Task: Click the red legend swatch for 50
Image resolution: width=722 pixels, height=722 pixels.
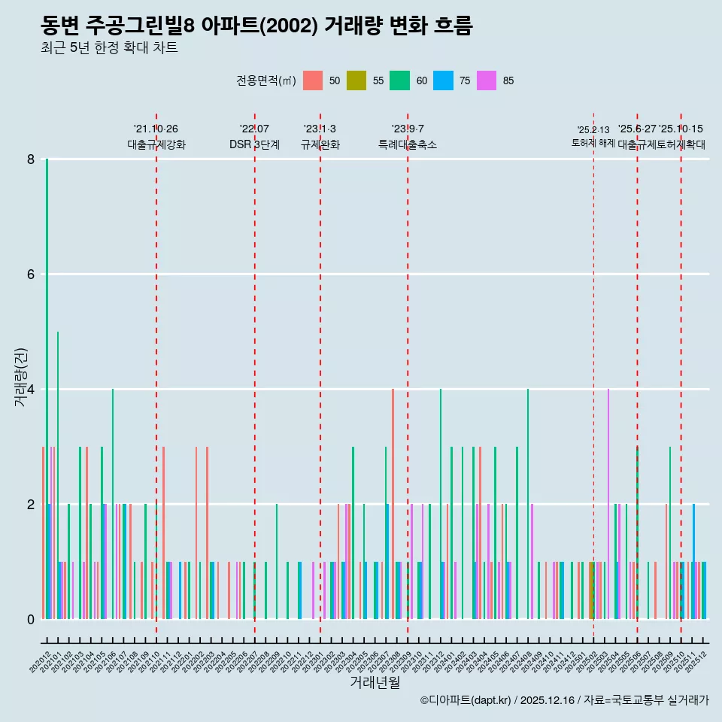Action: [x=312, y=81]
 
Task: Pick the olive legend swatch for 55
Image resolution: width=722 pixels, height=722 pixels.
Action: [x=356, y=81]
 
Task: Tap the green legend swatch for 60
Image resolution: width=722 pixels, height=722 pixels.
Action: [x=399, y=81]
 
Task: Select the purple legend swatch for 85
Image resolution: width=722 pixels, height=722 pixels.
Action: [x=486, y=81]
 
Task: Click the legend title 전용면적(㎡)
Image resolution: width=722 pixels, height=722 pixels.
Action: [x=265, y=81]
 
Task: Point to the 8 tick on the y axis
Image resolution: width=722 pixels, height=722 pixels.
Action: [x=31, y=159]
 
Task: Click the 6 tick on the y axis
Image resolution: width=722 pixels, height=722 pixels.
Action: [x=31, y=275]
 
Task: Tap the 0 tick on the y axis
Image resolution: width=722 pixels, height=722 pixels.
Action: [x=31, y=619]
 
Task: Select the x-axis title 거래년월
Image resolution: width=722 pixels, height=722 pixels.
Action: [x=375, y=682]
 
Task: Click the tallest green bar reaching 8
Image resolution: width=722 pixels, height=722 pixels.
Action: [x=47, y=376]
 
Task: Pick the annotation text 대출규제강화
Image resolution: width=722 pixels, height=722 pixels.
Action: [x=156, y=144]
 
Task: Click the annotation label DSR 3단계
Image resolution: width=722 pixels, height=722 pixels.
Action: [x=254, y=144]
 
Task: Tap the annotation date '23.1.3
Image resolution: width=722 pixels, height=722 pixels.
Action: [x=320, y=129]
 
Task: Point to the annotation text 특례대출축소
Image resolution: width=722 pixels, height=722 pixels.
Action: [x=407, y=144]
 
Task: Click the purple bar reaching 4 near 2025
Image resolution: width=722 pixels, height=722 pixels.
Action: [x=608, y=504]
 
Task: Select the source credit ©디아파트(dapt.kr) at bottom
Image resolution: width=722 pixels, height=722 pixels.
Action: [x=466, y=700]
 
